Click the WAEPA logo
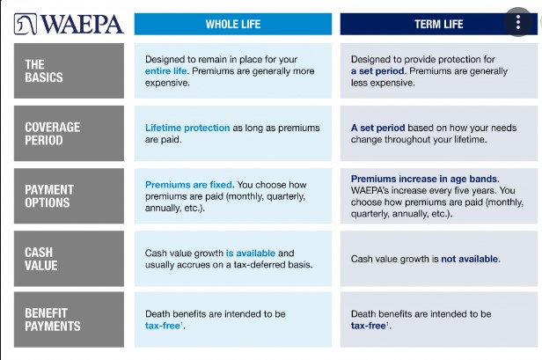tap(69, 25)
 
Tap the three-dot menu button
tap(517, 22)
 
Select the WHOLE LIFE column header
tap(233, 25)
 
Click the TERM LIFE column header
tap(439, 25)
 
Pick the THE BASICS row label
tap(69, 71)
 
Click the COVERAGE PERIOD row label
tap(69, 134)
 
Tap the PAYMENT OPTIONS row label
tap(69, 196)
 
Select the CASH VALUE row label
tap(69, 259)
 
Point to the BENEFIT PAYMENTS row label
tap(69, 320)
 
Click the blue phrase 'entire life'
tap(166, 71)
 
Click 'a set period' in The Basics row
tap(377, 71)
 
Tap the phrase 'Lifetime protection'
tap(187, 128)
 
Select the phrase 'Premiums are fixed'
tap(188, 185)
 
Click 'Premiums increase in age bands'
tap(424, 179)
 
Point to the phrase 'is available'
tap(251, 253)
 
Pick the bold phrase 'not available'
tap(470, 259)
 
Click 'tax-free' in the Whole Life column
tap(163, 326)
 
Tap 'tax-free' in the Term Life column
tap(368, 326)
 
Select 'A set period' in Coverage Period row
tap(377, 128)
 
